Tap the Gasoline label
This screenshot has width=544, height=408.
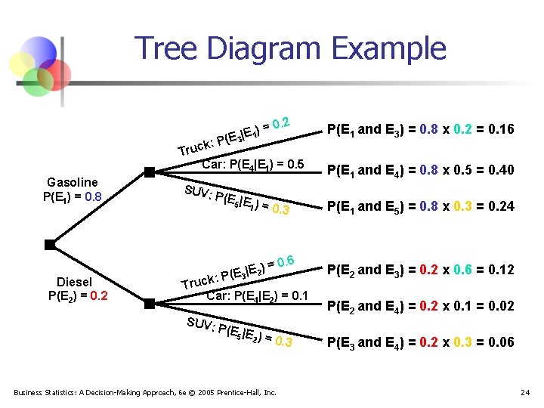[72, 182]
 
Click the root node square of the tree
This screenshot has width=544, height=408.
[49, 244]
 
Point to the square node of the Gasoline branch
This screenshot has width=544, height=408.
[150, 172]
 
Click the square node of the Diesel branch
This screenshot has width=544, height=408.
[150, 304]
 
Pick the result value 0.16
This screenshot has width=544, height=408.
[502, 129]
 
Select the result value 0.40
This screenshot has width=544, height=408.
[502, 170]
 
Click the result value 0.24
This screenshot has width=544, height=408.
[502, 206]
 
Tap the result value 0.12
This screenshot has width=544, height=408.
[502, 270]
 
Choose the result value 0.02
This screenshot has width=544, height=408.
[502, 306]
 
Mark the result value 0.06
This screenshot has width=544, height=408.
[502, 342]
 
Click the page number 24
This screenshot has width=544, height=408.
[526, 392]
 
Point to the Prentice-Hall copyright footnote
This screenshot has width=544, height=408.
[144, 392]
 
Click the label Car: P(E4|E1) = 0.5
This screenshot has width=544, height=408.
[252, 164]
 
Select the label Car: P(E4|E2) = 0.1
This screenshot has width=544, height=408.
[257, 295]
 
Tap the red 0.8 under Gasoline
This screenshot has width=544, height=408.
[93, 196]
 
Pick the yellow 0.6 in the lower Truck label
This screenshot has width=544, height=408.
[285, 261]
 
